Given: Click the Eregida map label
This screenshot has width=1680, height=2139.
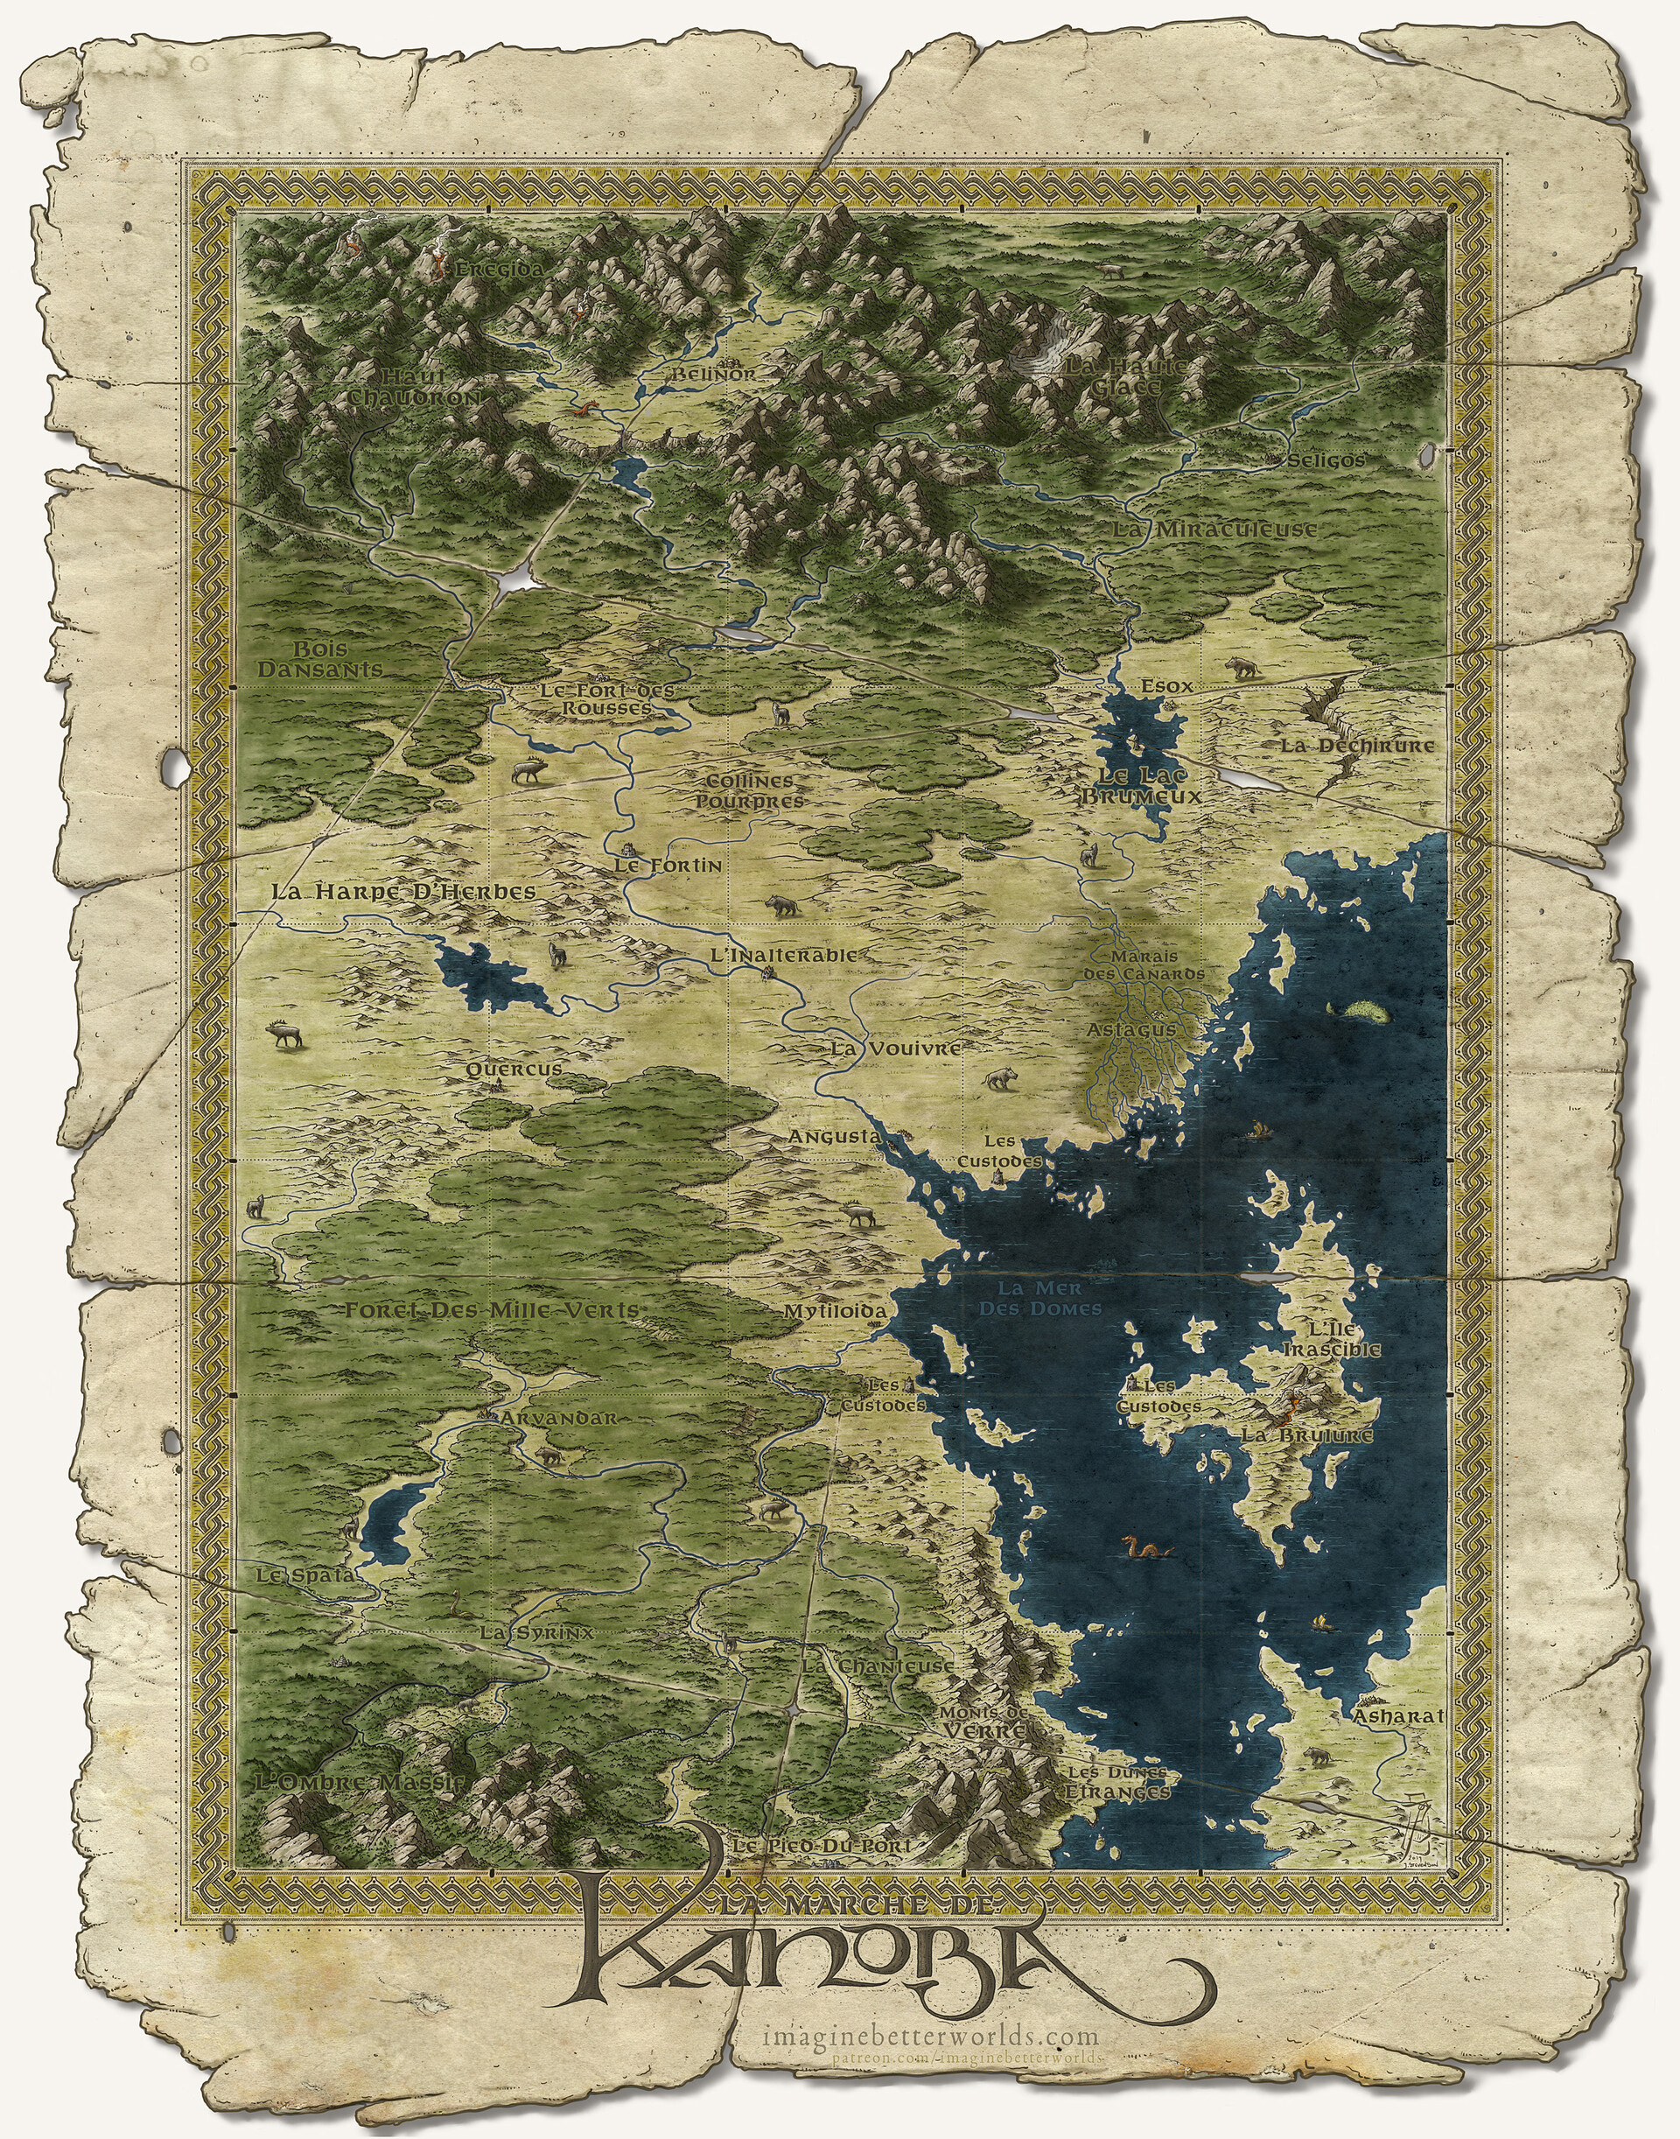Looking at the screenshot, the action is pos(500,268).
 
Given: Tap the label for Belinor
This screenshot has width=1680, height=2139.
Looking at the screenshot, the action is pos(714,374).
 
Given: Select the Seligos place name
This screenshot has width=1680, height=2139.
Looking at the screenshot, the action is pos(1326,459).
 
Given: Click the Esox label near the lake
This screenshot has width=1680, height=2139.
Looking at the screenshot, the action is pos(1166,686).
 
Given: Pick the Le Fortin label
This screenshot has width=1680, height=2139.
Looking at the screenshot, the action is pos(668,866).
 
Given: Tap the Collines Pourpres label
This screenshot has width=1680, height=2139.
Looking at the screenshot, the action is pos(750,791).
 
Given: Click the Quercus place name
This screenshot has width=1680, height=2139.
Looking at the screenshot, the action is pos(514,1069).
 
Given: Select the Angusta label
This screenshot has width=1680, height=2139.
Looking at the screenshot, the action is pos(834,1136).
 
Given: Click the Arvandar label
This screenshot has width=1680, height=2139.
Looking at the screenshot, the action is pos(557,1418).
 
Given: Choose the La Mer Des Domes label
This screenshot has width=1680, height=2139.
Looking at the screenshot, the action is pos(1039,1299).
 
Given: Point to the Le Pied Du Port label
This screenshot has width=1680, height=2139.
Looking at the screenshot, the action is pos(822,1847).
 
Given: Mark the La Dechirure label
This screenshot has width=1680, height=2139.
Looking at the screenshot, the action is pos(1356,745).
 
